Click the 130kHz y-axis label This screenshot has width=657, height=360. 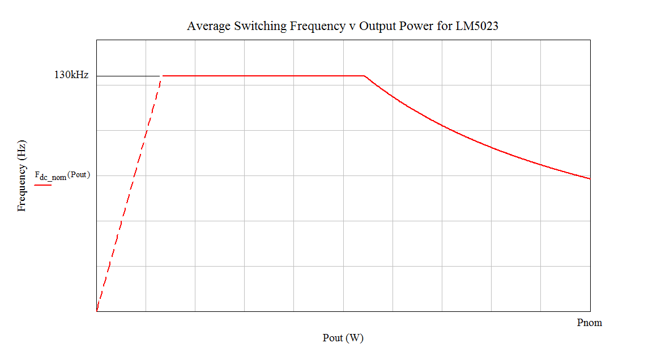71,75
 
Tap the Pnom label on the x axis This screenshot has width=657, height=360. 589,323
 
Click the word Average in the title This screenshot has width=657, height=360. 208,26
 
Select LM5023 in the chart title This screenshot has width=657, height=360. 477,26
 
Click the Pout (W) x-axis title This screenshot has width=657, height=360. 343,338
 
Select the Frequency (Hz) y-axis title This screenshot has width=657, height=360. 22,175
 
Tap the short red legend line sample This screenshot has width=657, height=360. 43,185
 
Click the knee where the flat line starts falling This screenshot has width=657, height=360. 364,75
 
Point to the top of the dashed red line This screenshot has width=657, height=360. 162,76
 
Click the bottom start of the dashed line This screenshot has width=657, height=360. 97,311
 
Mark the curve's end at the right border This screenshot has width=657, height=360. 590,179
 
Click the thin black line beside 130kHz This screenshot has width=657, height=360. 128,75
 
